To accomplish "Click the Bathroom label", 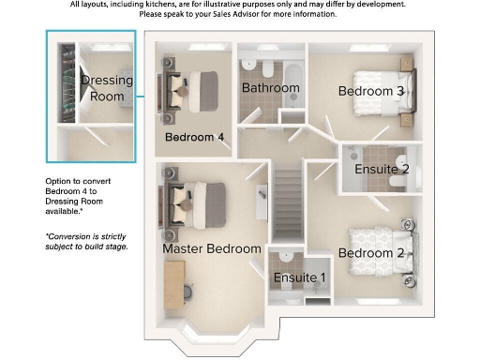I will (271, 88).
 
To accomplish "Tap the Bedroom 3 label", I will (371, 91).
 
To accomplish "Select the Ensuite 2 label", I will (382, 170).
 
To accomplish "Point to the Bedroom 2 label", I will (371, 253).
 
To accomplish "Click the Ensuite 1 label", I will (300, 277).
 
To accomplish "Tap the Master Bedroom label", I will (212, 249).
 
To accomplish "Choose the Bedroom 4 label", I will (194, 137).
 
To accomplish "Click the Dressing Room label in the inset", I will (106, 88).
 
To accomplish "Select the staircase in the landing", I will (286, 200).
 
